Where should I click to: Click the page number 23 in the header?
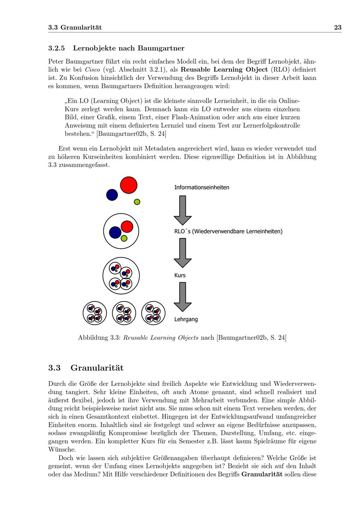pos(337,27)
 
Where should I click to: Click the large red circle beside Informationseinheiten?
pos(129,185)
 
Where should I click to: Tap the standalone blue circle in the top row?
pos(112,195)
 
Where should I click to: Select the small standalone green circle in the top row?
pos(137,202)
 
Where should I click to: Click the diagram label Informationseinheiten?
pos(202,188)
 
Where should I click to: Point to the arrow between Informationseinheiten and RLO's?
pos(183,210)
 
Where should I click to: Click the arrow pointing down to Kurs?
pos(183,253)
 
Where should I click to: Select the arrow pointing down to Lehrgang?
pos(183,297)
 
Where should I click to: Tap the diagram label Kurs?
pos(180,275)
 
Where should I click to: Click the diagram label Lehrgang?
pos(186,319)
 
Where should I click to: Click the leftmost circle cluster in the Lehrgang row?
pos(95,313)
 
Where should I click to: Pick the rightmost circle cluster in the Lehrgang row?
pos(153,313)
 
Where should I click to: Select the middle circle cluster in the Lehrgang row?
pos(124,313)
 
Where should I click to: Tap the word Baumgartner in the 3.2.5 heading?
pos(161,48)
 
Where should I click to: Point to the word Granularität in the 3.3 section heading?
pos(97,368)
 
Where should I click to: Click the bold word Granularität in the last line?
pos(262,474)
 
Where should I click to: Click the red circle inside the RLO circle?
pos(127,227)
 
